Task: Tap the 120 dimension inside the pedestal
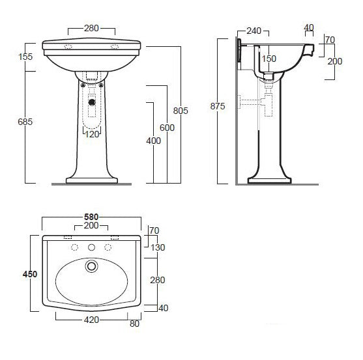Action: coord(91,134)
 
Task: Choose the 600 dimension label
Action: coord(166,128)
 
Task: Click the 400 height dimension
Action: coord(152,141)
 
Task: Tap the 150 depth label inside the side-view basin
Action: coord(269,59)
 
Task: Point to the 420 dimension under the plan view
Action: coord(91,320)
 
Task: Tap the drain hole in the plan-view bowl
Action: coord(92,266)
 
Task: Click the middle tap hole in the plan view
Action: coord(92,247)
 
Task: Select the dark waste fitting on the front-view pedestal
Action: coord(92,101)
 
